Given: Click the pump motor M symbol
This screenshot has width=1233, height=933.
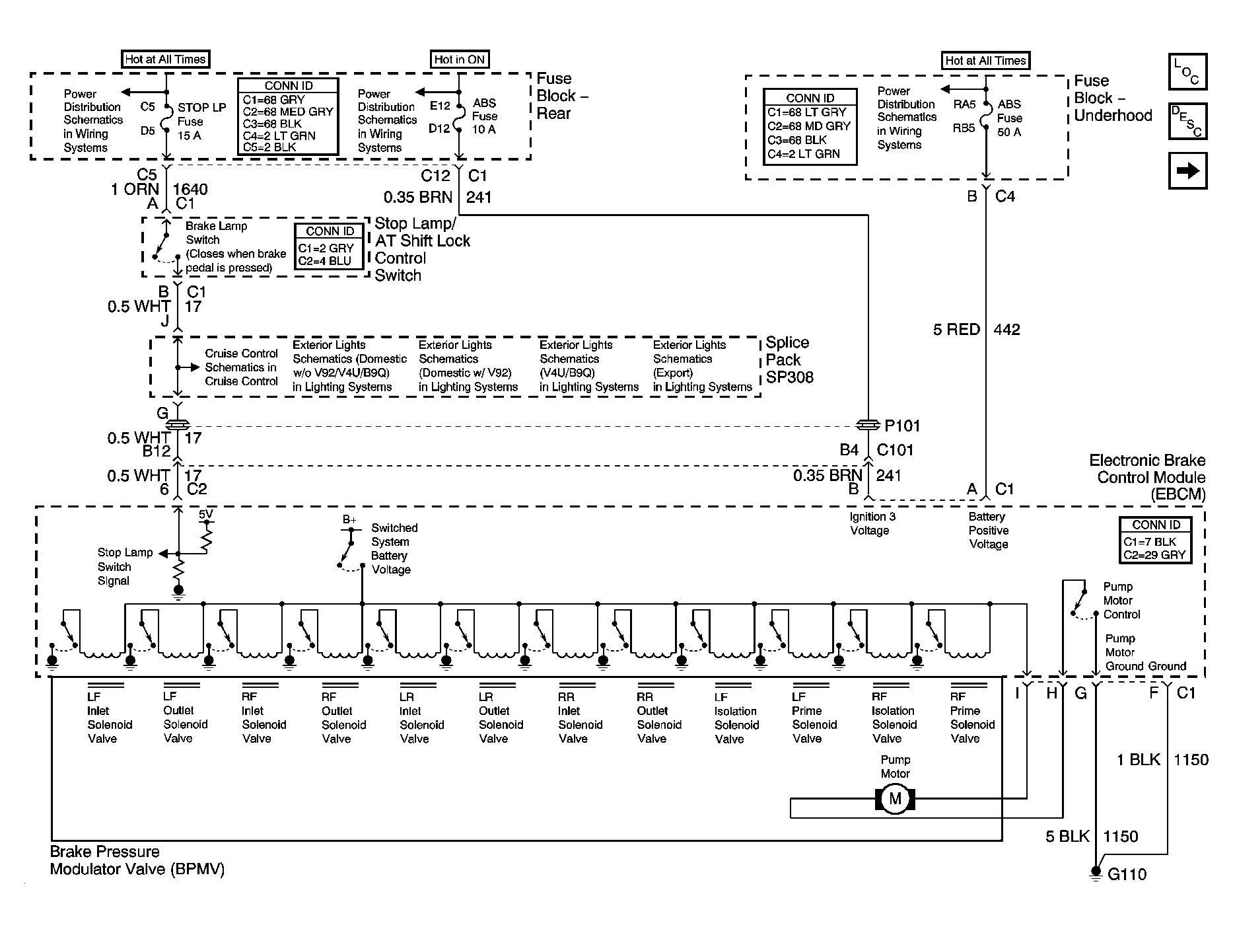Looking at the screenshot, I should coord(895,799).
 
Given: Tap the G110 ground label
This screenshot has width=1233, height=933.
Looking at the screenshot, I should coord(1127,874).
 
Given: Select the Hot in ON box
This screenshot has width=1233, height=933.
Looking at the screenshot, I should coord(459,59).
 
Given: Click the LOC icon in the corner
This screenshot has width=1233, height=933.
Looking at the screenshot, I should coord(1187,72).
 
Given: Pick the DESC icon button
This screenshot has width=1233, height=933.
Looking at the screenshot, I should coord(1187,121).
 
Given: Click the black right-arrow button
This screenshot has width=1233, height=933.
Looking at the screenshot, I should coord(1187,171).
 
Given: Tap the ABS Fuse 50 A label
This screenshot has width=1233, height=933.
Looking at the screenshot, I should coord(1009,118).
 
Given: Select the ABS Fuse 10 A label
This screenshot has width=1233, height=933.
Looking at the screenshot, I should coord(484,116).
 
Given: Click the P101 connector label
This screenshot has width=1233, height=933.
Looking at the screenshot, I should coord(902,426).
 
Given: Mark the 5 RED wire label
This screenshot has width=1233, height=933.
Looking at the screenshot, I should coord(956,329).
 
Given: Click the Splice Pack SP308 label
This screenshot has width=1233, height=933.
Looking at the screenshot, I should coord(789,360).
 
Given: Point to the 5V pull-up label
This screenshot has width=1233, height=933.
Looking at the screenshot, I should coord(206,513).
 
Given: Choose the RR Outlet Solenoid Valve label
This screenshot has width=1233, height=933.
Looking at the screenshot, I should coord(652,718).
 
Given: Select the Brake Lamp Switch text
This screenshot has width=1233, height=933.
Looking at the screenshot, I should coord(216,233).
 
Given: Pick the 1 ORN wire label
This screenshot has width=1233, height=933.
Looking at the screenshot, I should coord(135,190).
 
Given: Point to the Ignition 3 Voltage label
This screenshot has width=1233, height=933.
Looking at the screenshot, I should coord(872,523).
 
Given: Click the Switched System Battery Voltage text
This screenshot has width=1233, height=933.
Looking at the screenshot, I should coord(394,548).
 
